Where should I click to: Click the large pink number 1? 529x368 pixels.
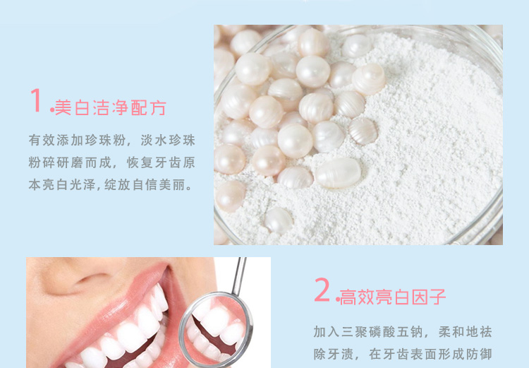(x=36, y=100)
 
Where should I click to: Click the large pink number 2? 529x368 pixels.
(x=322, y=290)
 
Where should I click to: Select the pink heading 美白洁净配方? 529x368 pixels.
(x=110, y=108)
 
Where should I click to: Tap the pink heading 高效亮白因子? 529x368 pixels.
(x=393, y=297)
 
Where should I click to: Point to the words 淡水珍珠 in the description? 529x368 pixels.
(x=168, y=141)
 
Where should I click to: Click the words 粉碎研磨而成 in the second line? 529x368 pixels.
(x=70, y=162)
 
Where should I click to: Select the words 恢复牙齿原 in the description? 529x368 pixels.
(x=161, y=162)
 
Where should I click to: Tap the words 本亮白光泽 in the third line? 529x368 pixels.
(x=62, y=185)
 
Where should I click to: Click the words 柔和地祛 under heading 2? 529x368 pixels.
(x=465, y=332)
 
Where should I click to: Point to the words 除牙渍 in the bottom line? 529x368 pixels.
(x=334, y=354)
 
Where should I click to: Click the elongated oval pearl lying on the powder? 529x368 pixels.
(x=338, y=172)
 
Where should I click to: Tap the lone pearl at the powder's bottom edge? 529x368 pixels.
(x=279, y=220)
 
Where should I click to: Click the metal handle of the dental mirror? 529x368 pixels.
(x=239, y=275)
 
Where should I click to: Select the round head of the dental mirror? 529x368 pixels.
(x=216, y=329)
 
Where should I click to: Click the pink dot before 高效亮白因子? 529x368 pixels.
(x=337, y=299)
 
